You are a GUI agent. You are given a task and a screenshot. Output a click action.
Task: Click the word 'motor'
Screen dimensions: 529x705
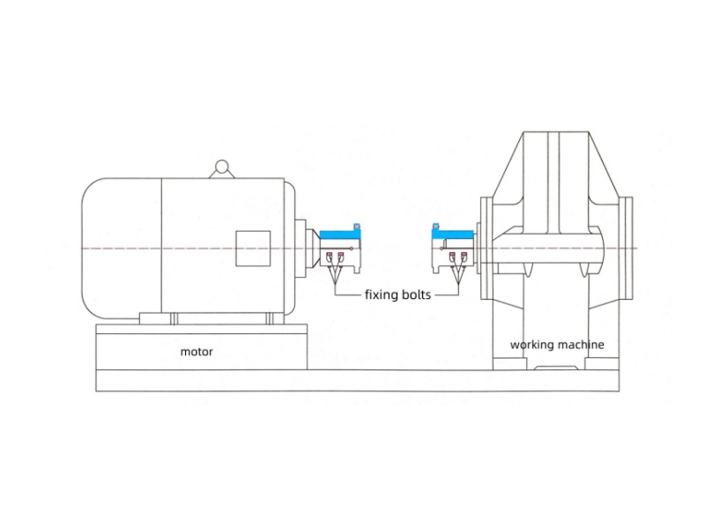click(x=197, y=351)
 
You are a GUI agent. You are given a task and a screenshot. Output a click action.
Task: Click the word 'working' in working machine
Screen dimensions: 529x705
click(x=531, y=345)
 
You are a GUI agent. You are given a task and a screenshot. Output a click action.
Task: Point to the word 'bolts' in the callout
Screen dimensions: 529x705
click(x=418, y=294)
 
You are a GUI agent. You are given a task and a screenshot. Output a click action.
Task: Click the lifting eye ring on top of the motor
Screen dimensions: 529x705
click(x=221, y=165)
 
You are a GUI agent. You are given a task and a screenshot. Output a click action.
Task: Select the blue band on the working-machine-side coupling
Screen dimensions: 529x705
click(x=452, y=234)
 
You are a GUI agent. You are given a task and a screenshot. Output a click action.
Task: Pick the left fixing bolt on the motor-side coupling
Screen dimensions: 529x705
click(x=330, y=257)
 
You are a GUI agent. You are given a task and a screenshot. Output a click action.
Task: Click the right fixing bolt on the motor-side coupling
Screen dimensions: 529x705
click(x=340, y=257)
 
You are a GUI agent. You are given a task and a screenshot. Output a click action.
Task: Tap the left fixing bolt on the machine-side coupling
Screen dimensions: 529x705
click(x=452, y=257)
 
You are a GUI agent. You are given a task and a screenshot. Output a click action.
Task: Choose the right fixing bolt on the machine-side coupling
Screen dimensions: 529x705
click(x=463, y=257)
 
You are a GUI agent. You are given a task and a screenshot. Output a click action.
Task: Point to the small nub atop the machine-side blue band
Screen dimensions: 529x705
click(x=435, y=227)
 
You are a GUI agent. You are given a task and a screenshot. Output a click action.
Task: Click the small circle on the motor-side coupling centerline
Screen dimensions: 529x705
click(x=352, y=249)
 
